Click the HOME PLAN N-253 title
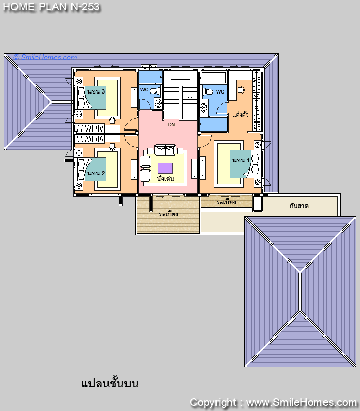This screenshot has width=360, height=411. pos(51,7)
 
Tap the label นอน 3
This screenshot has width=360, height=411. pos(96,91)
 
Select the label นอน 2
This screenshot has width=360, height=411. pos(96,173)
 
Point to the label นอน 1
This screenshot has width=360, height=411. pos(241,160)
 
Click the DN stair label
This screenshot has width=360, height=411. pos(171,124)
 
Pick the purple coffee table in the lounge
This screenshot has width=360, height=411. pos(165,168)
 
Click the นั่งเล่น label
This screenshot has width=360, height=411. pos(165,179)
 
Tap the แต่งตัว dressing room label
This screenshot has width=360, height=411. pos(240,114)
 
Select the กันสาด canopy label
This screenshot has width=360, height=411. pos(299,206)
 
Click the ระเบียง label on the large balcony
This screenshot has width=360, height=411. pos(169,214)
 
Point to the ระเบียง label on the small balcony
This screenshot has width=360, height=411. pos(226,202)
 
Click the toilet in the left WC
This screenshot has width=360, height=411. pos(155,91)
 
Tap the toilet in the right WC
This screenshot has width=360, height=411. pos(208,92)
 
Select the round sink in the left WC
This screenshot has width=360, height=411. pos(158,103)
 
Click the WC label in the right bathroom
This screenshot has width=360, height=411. pos(220,92)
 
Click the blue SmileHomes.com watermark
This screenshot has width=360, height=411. pos(45,57)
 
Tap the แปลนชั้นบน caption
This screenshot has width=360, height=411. pos(110,383)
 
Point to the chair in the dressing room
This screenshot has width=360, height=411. pos(241,90)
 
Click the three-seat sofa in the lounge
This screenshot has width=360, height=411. pos(165,150)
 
